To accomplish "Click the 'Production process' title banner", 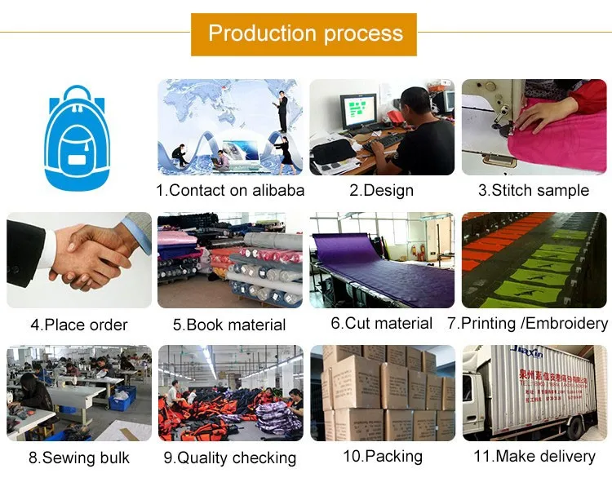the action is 304,34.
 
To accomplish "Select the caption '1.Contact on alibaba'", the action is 230,190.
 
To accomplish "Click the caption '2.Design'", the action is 381,190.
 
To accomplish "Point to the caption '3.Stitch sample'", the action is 534,190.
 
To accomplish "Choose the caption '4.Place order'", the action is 79,325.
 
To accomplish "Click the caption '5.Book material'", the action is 229,325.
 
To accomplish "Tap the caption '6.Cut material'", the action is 381,323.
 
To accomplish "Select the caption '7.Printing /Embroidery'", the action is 528,323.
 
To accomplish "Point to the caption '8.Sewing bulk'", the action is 79,457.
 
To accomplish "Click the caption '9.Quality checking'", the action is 229,458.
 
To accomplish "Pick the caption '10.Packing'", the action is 382,455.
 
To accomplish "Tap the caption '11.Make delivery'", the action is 534,455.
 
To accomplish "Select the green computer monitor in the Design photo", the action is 358,109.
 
